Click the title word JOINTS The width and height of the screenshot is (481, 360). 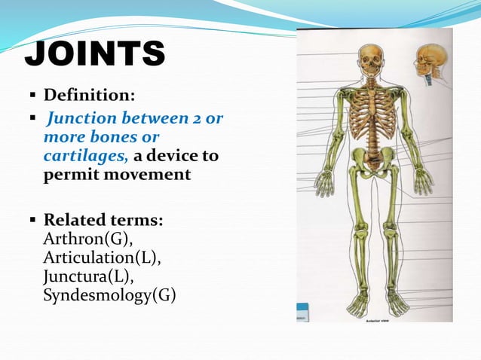(x=94, y=55)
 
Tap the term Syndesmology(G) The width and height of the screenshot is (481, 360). (x=109, y=294)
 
